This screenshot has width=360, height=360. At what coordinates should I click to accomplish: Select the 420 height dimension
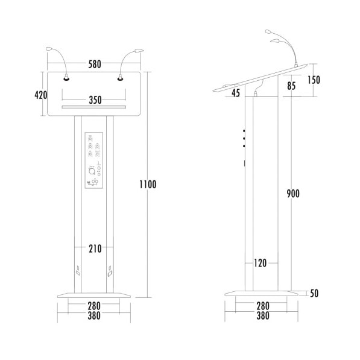click(40, 95)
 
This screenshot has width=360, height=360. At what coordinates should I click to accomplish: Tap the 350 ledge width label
click(94, 100)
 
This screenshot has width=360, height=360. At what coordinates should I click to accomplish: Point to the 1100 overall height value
click(147, 185)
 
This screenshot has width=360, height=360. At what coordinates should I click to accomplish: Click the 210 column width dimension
click(94, 248)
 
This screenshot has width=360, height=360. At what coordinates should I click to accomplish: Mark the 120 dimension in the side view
click(261, 263)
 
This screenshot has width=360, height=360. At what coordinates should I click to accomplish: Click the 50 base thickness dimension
click(314, 294)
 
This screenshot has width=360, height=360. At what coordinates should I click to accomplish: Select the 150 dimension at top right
click(314, 80)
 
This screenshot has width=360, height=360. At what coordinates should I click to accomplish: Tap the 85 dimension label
click(291, 86)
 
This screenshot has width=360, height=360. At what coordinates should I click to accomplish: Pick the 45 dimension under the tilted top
click(235, 92)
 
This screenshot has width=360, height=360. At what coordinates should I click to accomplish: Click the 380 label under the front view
click(94, 315)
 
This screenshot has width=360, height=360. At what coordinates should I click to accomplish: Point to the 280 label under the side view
click(263, 306)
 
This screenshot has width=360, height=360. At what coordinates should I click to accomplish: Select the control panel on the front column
click(93, 162)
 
